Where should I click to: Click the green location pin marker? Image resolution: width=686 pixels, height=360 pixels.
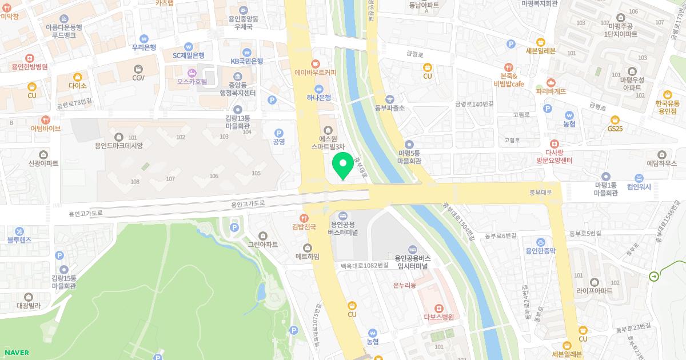tap(342, 165)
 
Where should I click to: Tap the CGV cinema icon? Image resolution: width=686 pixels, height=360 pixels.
tap(138, 69)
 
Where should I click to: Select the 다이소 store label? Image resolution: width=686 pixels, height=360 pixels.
tap(77, 86)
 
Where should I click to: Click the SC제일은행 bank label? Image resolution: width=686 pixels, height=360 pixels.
tap(189, 55)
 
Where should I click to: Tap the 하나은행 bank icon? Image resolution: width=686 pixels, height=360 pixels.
tap(319, 89)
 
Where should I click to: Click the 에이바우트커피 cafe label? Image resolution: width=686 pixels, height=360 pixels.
tap(315, 73)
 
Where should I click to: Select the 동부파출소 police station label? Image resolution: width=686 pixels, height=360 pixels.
tap(390, 107)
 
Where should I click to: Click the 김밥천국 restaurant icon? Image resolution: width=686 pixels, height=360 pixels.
tap(305, 218)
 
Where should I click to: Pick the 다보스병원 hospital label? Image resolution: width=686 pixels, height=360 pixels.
tap(438, 317)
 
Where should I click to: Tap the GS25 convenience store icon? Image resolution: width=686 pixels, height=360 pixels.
tap(615, 119)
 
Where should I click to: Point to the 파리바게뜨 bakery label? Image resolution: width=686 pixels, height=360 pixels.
tap(551, 91)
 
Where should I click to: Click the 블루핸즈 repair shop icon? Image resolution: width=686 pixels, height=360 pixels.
tap(19, 231)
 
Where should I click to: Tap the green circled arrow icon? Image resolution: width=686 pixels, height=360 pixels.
tap(653, 277)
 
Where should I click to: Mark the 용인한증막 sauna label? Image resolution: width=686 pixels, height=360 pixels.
tap(541, 250)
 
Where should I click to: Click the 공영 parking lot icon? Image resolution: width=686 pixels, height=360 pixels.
tap(279, 133)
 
